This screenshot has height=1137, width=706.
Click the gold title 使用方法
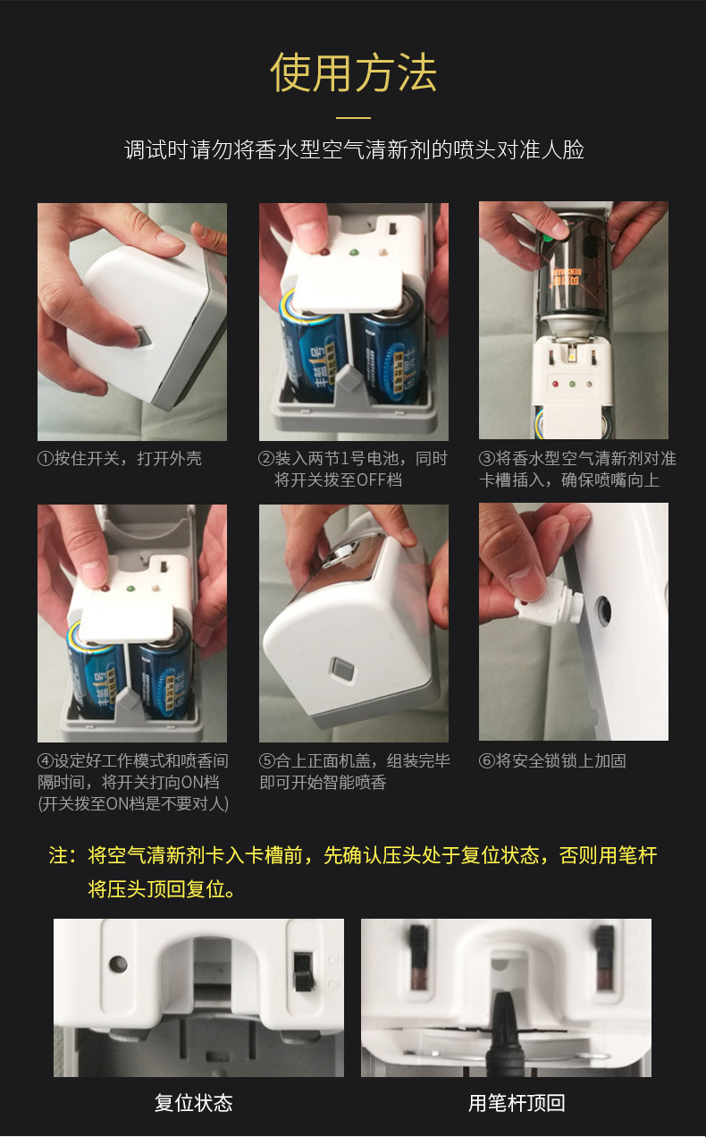pos(354,73)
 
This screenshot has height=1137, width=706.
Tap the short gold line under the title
pos(354,117)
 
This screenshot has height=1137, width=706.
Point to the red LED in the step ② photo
pos(324,251)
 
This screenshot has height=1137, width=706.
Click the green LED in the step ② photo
pos(355,251)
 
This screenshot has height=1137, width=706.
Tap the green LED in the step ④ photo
pos(130,589)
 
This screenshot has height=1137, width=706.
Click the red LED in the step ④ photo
pos(105,589)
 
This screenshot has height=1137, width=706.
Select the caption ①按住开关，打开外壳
pos(120,458)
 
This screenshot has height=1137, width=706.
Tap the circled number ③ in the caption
pos(487,458)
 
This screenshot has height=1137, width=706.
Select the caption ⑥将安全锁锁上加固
pos(552,761)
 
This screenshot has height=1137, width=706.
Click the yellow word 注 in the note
pos(58,855)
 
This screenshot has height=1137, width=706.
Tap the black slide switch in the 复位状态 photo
pos(303,971)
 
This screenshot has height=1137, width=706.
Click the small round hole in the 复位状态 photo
pos(118,963)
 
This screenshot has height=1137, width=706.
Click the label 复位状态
pos(193,1102)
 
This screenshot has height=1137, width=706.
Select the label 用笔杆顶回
pos(517,1102)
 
